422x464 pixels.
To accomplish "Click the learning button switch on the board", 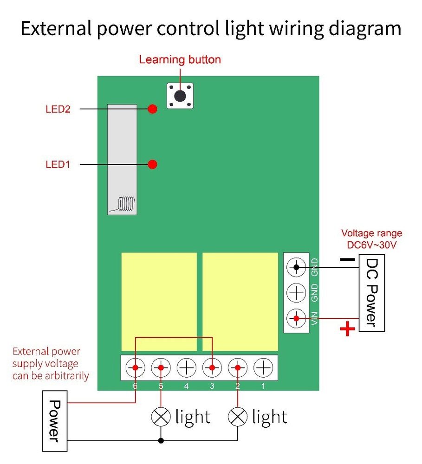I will tap(180, 96).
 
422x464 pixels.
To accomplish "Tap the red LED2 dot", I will tap(152, 109).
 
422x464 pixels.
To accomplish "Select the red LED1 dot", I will tap(152, 164).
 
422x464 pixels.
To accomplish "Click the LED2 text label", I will tap(58, 110).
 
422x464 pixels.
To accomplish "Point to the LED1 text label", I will tap(58, 164).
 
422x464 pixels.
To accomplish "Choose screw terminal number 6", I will tap(135, 368).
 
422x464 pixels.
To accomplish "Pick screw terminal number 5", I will tap(161, 368).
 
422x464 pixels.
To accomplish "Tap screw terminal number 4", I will tap(187, 368).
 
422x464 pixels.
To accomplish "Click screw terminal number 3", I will tap(212, 368).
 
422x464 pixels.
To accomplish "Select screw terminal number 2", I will tap(238, 368).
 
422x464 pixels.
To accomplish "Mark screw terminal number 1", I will tap(263, 368).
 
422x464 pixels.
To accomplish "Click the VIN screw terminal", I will tap(296, 318).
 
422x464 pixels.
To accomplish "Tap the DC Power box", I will tap(371, 293).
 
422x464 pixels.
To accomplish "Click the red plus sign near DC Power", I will tap(347, 329).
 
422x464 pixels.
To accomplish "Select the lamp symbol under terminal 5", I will tap(161, 417).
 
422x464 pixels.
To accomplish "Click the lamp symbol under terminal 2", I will tap(238, 417).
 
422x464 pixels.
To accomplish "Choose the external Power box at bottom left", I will tap(55, 421).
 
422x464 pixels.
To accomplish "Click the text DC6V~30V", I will tap(372, 245).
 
